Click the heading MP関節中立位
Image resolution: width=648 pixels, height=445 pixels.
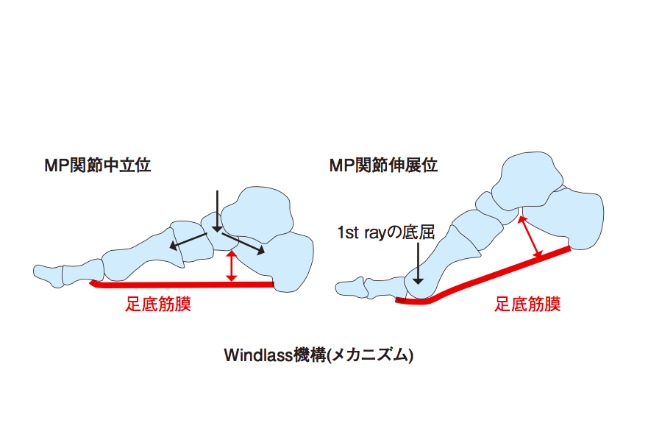[x=98, y=165]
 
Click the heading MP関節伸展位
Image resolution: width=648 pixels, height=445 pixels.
[x=383, y=165]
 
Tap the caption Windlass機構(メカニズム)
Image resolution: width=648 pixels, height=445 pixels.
[x=318, y=355]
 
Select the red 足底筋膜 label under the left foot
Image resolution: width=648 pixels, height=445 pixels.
[x=158, y=304]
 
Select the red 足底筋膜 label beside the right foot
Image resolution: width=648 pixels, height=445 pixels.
[x=527, y=304]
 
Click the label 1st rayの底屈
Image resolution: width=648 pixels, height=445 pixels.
[x=386, y=232]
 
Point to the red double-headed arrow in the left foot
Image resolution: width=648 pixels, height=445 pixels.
[x=232, y=266]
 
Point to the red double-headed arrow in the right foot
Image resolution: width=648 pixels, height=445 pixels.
[x=530, y=237]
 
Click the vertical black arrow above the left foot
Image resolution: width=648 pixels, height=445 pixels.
[x=218, y=210]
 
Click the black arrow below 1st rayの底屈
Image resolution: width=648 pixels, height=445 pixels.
[x=419, y=263]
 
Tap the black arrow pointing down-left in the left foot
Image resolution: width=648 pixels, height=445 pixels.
[x=188, y=241]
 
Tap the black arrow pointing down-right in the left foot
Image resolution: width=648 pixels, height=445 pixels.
[x=243, y=243]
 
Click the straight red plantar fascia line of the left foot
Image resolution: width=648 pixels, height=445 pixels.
[x=182, y=285]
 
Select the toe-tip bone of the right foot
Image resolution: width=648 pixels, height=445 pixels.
[x=349, y=288]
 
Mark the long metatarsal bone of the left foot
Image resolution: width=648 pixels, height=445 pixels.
[x=140, y=256]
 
